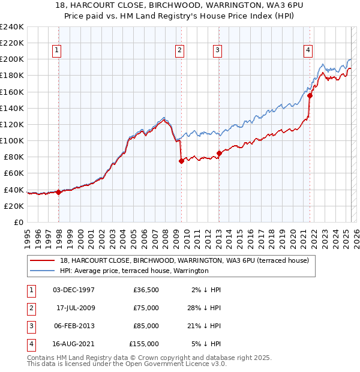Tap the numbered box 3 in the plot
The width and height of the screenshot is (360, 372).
[217, 51]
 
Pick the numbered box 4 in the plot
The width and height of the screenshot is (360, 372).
[308, 51]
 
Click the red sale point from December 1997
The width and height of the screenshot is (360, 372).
[58, 193]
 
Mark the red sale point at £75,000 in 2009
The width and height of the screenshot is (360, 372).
[181, 161]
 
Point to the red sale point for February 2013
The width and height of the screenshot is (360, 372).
[218, 153]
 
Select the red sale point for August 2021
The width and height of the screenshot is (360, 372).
[310, 95]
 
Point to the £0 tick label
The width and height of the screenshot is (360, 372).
[18, 222]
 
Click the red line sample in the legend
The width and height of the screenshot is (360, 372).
[43, 261]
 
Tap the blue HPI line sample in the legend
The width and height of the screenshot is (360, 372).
[43, 271]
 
